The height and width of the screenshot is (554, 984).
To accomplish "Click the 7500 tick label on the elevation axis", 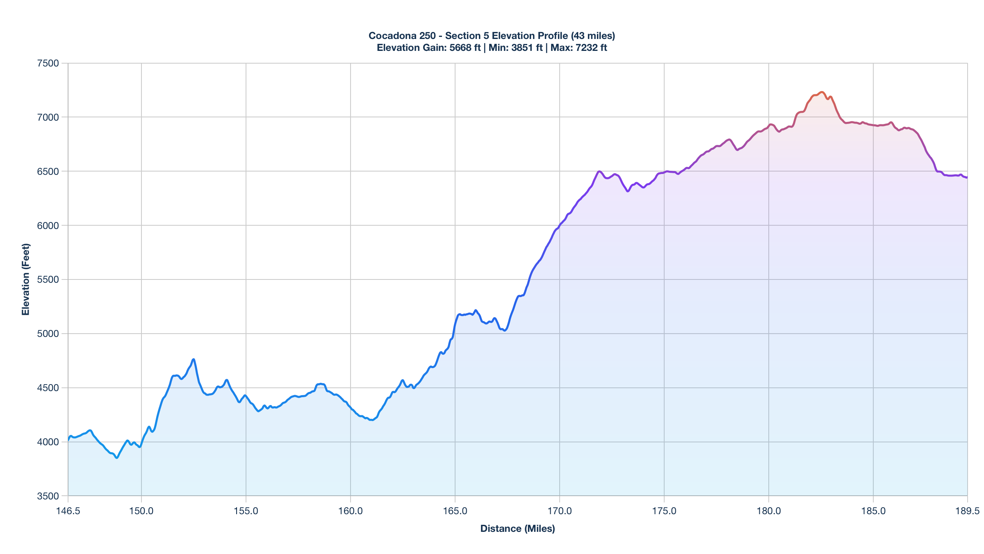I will pyautogui.click(x=48, y=63).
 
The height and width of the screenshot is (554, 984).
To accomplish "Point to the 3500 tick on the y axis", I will pyautogui.click(x=48, y=496).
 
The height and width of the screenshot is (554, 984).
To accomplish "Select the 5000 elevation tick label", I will pyautogui.click(x=48, y=334).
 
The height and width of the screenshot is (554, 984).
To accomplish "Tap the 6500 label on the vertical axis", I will pyautogui.click(x=48, y=171).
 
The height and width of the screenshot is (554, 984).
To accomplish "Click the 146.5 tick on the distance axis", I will pyautogui.click(x=68, y=511).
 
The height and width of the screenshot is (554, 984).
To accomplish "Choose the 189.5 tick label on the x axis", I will pyautogui.click(x=967, y=511).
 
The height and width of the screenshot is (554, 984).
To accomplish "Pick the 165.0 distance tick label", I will pyautogui.click(x=455, y=511).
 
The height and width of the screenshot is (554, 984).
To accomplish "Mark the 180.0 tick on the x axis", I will pyautogui.click(x=769, y=511).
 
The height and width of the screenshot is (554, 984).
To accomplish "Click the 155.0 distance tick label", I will pyautogui.click(x=246, y=511).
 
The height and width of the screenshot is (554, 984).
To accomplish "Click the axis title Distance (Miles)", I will pyautogui.click(x=517, y=529).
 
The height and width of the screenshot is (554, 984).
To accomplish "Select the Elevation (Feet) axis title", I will pyautogui.click(x=26, y=279).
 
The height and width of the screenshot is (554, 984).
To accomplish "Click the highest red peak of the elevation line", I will pyautogui.click(x=822, y=92).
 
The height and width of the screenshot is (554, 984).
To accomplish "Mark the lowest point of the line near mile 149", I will pyautogui.click(x=117, y=458).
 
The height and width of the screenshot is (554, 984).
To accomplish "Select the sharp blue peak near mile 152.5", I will pyautogui.click(x=194, y=359).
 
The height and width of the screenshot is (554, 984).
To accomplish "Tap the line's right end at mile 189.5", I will pyautogui.click(x=967, y=178).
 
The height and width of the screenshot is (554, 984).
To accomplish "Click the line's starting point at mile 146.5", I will pyautogui.click(x=68, y=440).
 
